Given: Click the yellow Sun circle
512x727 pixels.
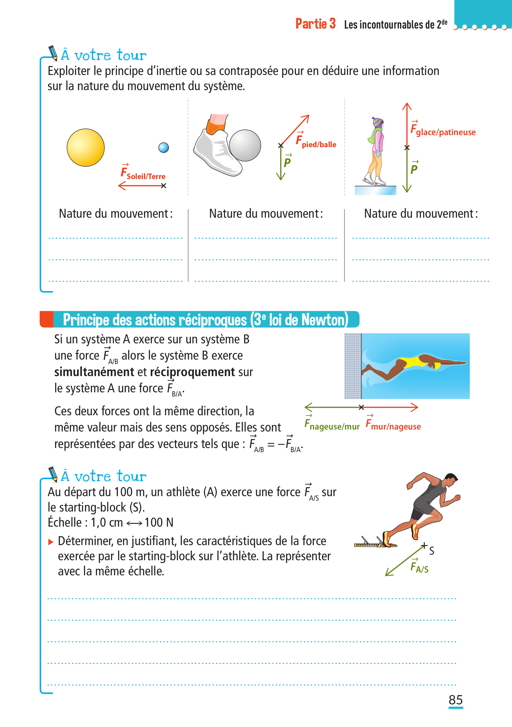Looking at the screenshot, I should click(x=86, y=147).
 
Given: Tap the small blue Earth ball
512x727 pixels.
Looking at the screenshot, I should click(x=163, y=147).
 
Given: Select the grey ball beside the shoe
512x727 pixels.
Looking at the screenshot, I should click(x=245, y=145).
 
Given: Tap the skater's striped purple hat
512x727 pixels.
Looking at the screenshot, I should click(x=377, y=122).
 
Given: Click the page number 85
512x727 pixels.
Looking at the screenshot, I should click(x=456, y=700).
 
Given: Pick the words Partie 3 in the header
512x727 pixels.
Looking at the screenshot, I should click(x=315, y=24).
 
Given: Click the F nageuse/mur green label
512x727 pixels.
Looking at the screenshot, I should click(x=332, y=424).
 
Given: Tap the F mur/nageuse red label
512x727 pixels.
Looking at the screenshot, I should click(x=393, y=424).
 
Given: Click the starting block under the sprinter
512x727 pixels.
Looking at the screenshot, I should click(x=375, y=543).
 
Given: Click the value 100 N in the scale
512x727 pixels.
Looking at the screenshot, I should click(x=159, y=522).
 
